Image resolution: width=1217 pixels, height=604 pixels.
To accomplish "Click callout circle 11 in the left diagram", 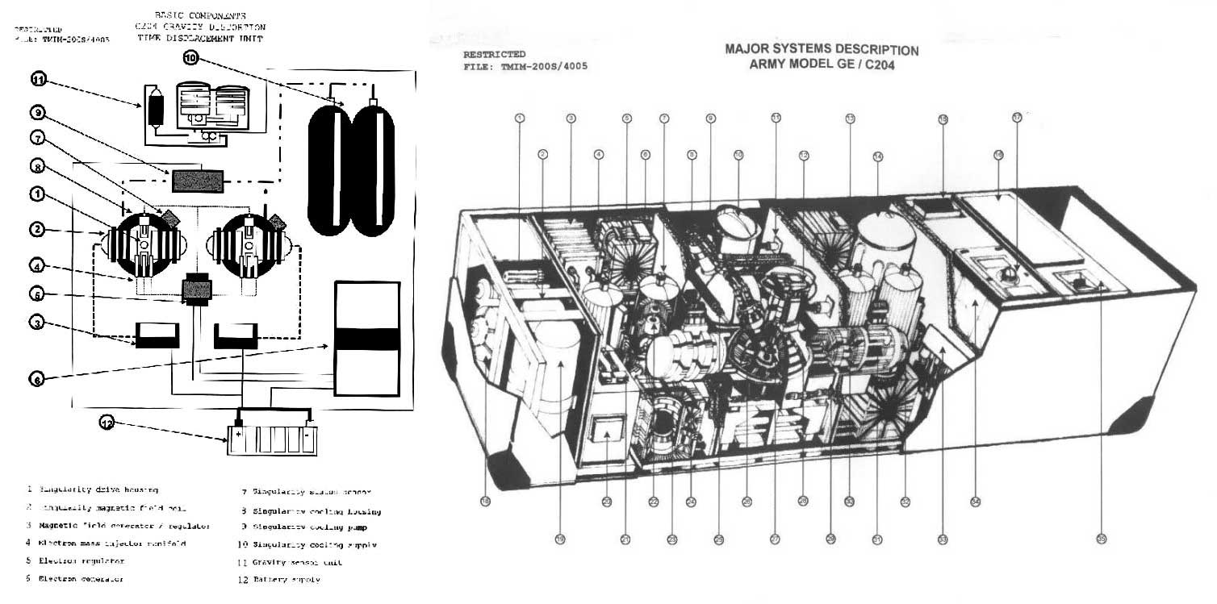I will pyautogui.click(x=38, y=79).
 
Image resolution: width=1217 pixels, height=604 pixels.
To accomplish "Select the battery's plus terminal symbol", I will pyautogui.click(x=240, y=433).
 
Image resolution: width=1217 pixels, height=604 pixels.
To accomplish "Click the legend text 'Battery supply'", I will pyautogui.click(x=282, y=579).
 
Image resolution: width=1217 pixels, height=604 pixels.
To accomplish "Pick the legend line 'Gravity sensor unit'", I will pyautogui.click(x=286, y=562).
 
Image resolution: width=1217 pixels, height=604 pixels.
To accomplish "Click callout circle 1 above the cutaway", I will pyautogui.click(x=520, y=118).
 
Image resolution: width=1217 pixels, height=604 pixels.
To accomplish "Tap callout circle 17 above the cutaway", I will pyautogui.click(x=1017, y=117).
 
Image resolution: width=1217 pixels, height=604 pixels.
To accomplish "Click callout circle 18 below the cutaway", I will pyautogui.click(x=485, y=501).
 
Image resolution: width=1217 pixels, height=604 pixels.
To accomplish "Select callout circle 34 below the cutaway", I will pyautogui.click(x=975, y=501).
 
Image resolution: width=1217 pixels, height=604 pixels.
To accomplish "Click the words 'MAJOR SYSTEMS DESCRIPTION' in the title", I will pyautogui.click(x=822, y=49).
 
